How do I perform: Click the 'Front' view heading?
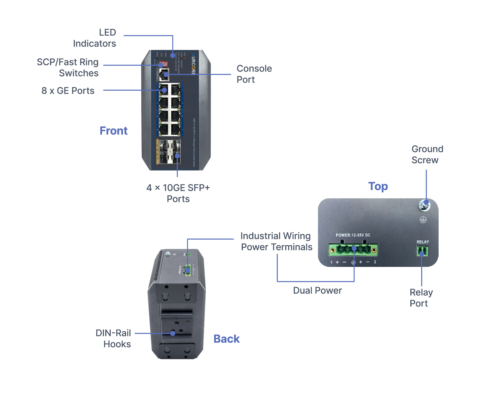[113, 131]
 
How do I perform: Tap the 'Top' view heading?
[378, 186]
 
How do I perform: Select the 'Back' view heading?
[226, 339]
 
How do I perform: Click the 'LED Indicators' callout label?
[95, 38]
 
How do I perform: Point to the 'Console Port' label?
[254, 74]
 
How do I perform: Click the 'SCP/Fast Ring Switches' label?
[68, 68]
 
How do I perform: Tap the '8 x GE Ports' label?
[68, 91]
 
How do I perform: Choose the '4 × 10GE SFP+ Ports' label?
[178, 193]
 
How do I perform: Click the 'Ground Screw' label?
[427, 154]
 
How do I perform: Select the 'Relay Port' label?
[421, 298]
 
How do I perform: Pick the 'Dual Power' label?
[317, 291]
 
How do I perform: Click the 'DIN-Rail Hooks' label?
[113, 338]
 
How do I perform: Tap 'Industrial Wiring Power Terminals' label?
[276, 241]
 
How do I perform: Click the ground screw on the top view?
[424, 206]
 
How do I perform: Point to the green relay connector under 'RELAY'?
[422, 251]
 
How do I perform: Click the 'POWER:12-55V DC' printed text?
[353, 235]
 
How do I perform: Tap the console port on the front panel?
[164, 75]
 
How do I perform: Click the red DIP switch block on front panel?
[163, 64]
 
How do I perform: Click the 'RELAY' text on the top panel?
[422, 242]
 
